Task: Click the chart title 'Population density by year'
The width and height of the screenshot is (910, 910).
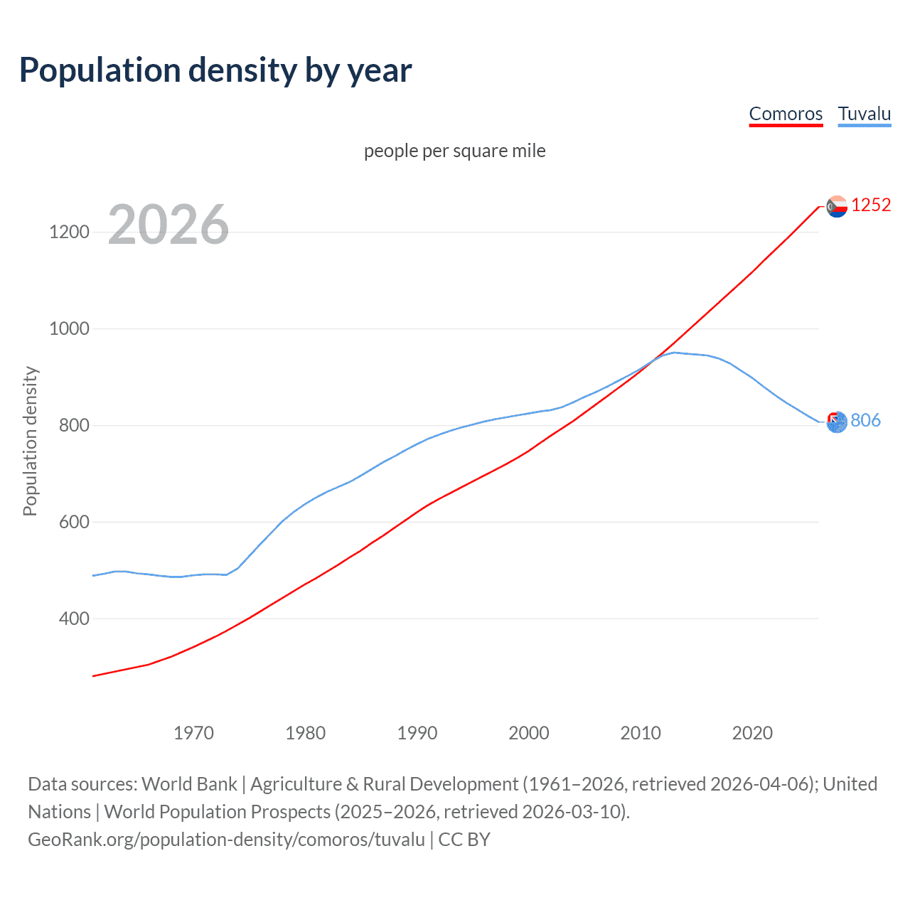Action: (x=215, y=70)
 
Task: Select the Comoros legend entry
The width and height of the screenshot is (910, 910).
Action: (x=786, y=114)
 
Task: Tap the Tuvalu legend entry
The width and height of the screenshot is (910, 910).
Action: (x=864, y=114)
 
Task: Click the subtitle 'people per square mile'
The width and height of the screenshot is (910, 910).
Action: (x=454, y=151)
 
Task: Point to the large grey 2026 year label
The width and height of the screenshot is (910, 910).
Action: (x=168, y=225)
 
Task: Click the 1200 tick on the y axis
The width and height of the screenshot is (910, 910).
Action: (x=69, y=232)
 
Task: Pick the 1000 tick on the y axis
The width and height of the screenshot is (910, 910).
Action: (x=69, y=329)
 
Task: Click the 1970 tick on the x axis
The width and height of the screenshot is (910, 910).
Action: (x=193, y=733)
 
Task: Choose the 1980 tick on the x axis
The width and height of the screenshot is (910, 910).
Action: (x=305, y=733)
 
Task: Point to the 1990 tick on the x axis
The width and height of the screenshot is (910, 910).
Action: (x=417, y=733)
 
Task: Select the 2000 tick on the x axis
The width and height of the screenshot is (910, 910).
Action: (x=529, y=733)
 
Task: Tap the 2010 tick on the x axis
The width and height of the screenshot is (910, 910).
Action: (x=641, y=733)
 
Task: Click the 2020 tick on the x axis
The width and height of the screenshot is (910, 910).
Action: (x=752, y=733)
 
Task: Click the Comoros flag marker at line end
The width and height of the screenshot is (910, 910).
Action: (x=837, y=206)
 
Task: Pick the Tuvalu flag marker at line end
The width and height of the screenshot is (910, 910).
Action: (x=837, y=422)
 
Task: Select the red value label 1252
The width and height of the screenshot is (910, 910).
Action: (x=871, y=205)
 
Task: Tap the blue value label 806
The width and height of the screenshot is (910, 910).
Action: (x=865, y=421)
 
